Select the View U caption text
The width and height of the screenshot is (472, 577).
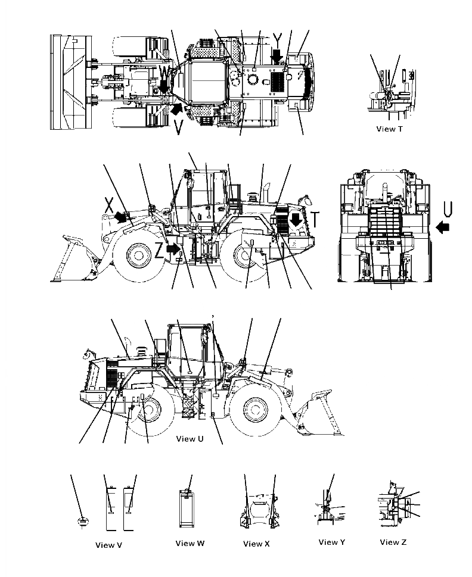194,439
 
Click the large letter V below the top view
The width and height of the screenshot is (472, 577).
178,127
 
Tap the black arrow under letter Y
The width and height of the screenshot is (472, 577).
276,57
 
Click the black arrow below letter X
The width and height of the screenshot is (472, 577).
122,217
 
